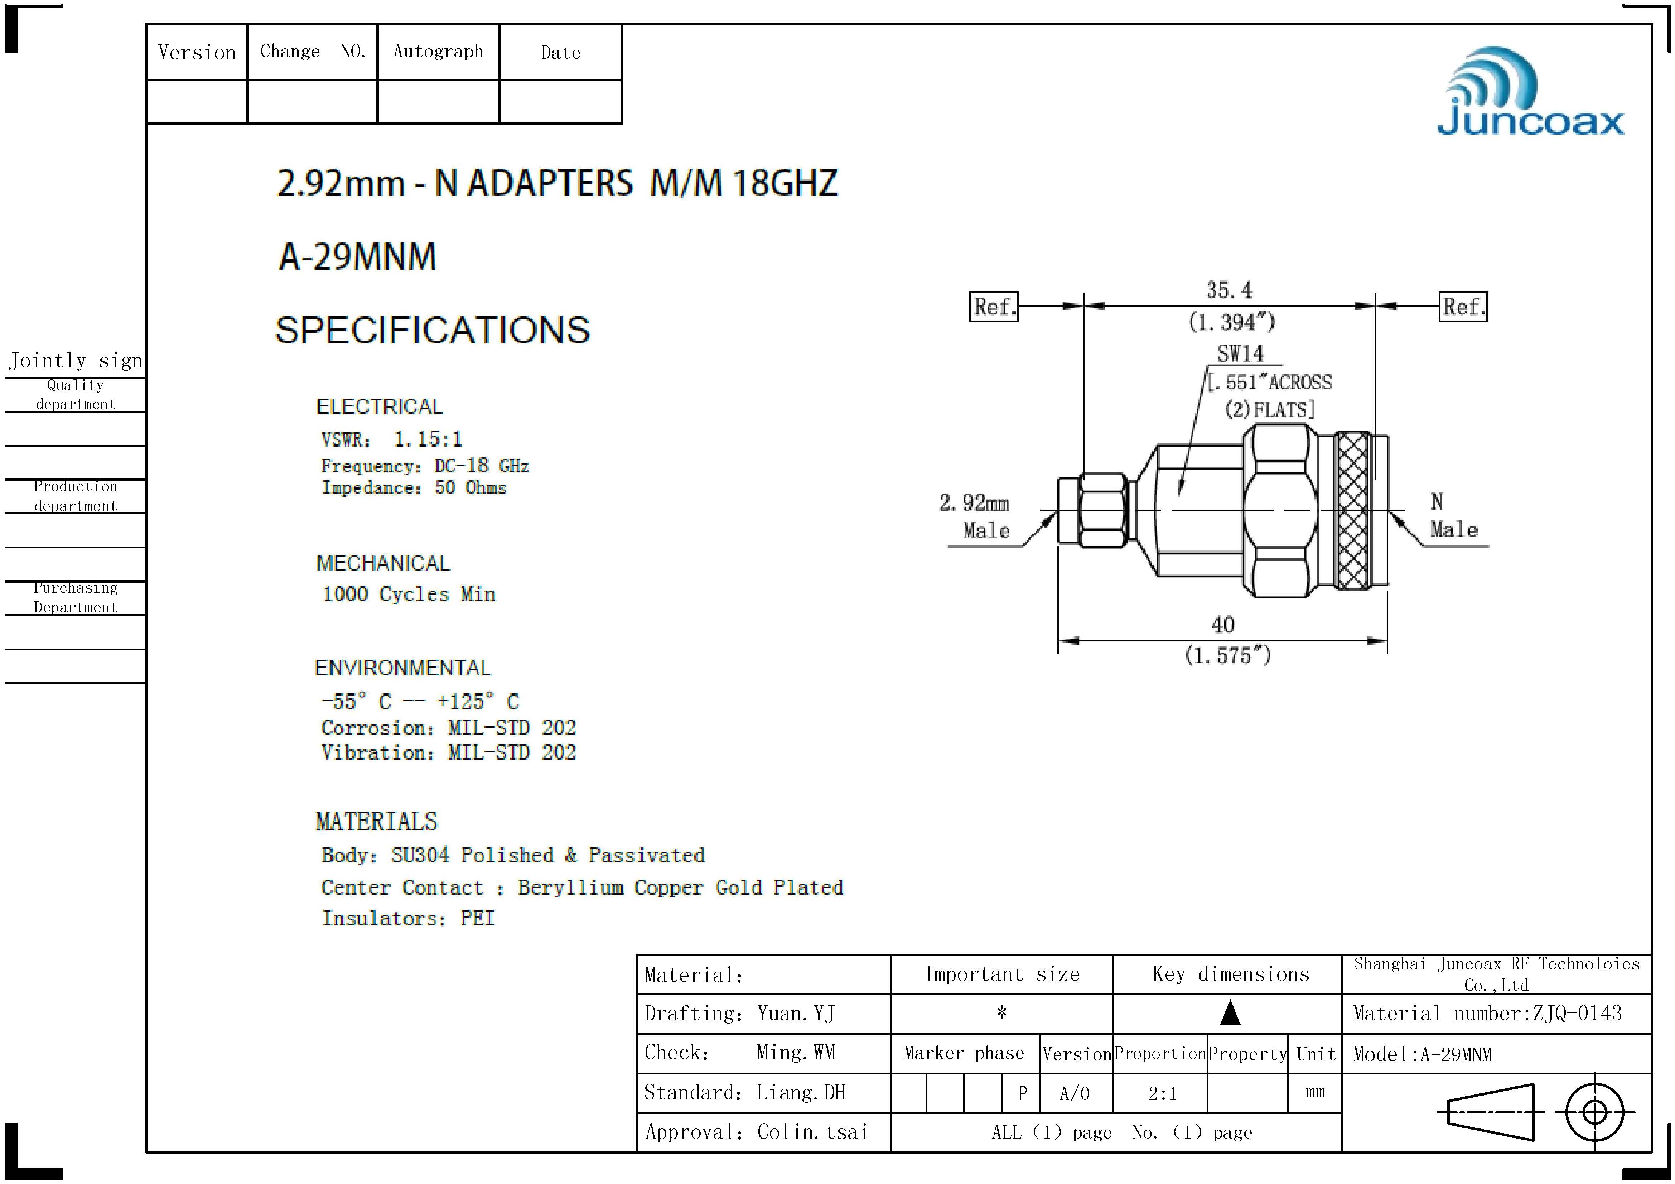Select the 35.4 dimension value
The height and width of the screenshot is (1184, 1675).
[x=1229, y=290]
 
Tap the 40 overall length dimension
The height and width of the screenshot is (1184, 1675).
[x=1223, y=625]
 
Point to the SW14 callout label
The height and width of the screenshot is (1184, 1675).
[x=1240, y=354]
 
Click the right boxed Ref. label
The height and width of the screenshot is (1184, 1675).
[x=1463, y=307]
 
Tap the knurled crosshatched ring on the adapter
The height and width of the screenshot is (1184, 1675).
[x=1353, y=511]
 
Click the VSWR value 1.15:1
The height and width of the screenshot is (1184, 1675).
[x=428, y=439]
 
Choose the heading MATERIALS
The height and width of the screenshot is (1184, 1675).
[x=376, y=822]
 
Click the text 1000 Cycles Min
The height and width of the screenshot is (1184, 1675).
[x=409, y=594]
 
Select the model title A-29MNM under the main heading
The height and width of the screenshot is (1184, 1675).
[x=357, y=257]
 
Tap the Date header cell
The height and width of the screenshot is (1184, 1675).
[x=560, y=53]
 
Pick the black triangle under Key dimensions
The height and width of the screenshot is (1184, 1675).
[x=1230, y=1012]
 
